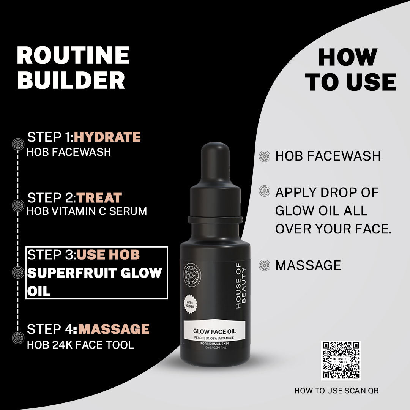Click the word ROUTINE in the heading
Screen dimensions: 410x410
(73, 55)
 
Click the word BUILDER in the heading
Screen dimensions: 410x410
(71, 80)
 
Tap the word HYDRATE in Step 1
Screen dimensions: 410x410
(107, 137)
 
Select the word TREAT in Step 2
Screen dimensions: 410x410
(99, 198)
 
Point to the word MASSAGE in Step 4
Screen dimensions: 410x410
(114, 329)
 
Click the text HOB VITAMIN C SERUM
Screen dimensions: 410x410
(87, 211)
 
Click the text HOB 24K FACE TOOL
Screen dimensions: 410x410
(80, 345)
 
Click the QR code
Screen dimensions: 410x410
(341, 361)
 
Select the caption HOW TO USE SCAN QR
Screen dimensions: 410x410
(336, 391)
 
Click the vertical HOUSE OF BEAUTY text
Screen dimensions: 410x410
(240, 288)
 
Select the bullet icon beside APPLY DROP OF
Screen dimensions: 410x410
(264, 191)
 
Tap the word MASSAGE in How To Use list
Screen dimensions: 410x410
(308, 265)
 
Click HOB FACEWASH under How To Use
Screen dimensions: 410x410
(328, 156)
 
